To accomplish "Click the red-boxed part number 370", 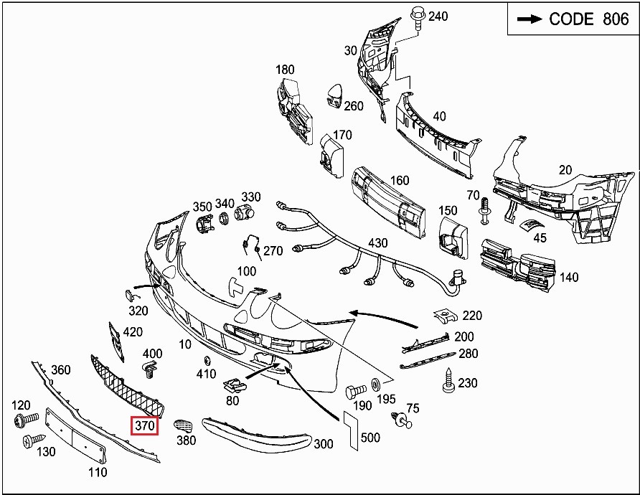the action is tap(144, 425).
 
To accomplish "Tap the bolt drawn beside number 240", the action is tap(418, 18).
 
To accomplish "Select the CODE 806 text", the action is tap(588, 19).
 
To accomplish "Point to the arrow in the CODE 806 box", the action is tap(530, 19).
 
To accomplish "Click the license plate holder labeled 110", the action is tap(76, 435).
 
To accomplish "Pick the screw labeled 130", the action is tap(34, 440).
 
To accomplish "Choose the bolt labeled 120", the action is tap(26, 419).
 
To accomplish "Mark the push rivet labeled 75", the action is tap(402, 420).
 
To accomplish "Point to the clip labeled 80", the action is tap(235, 385).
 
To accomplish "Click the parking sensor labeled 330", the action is tap(244, 212).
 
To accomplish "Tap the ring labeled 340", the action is tap(224, 218).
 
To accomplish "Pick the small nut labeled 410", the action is tap(207, 361).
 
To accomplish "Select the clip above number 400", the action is tap(151, 369).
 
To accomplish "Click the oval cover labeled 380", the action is tap(183, 425).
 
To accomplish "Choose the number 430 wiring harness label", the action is tap(377, 242).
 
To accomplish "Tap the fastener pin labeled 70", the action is tap(485, 211).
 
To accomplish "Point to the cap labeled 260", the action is tap(334, 96).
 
